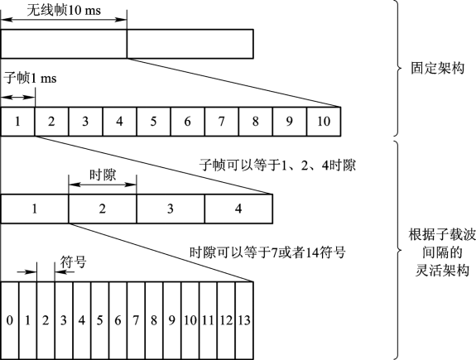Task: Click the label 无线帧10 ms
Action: (64, 10)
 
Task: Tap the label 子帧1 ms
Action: (30, 79)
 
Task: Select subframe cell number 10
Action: (324, 122)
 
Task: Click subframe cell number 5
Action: (154, 122)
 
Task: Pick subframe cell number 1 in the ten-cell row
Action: (17, 122)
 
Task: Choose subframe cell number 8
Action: (256, 122)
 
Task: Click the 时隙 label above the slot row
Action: (103, 175)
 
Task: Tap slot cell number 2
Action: (103, 209)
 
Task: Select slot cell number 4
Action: (238, 209)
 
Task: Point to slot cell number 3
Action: (171, 209)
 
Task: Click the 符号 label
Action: (73, 262)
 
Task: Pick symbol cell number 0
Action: (10, 320)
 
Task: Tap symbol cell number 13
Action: (244, 320)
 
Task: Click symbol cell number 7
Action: (136, 320)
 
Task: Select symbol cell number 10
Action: (190, 320)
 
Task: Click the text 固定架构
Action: (438, 68)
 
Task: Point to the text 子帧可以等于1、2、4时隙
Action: (277, 166)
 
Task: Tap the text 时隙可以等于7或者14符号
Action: (267, 252)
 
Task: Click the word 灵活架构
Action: (442, 270)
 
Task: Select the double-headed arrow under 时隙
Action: (103, 185)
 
